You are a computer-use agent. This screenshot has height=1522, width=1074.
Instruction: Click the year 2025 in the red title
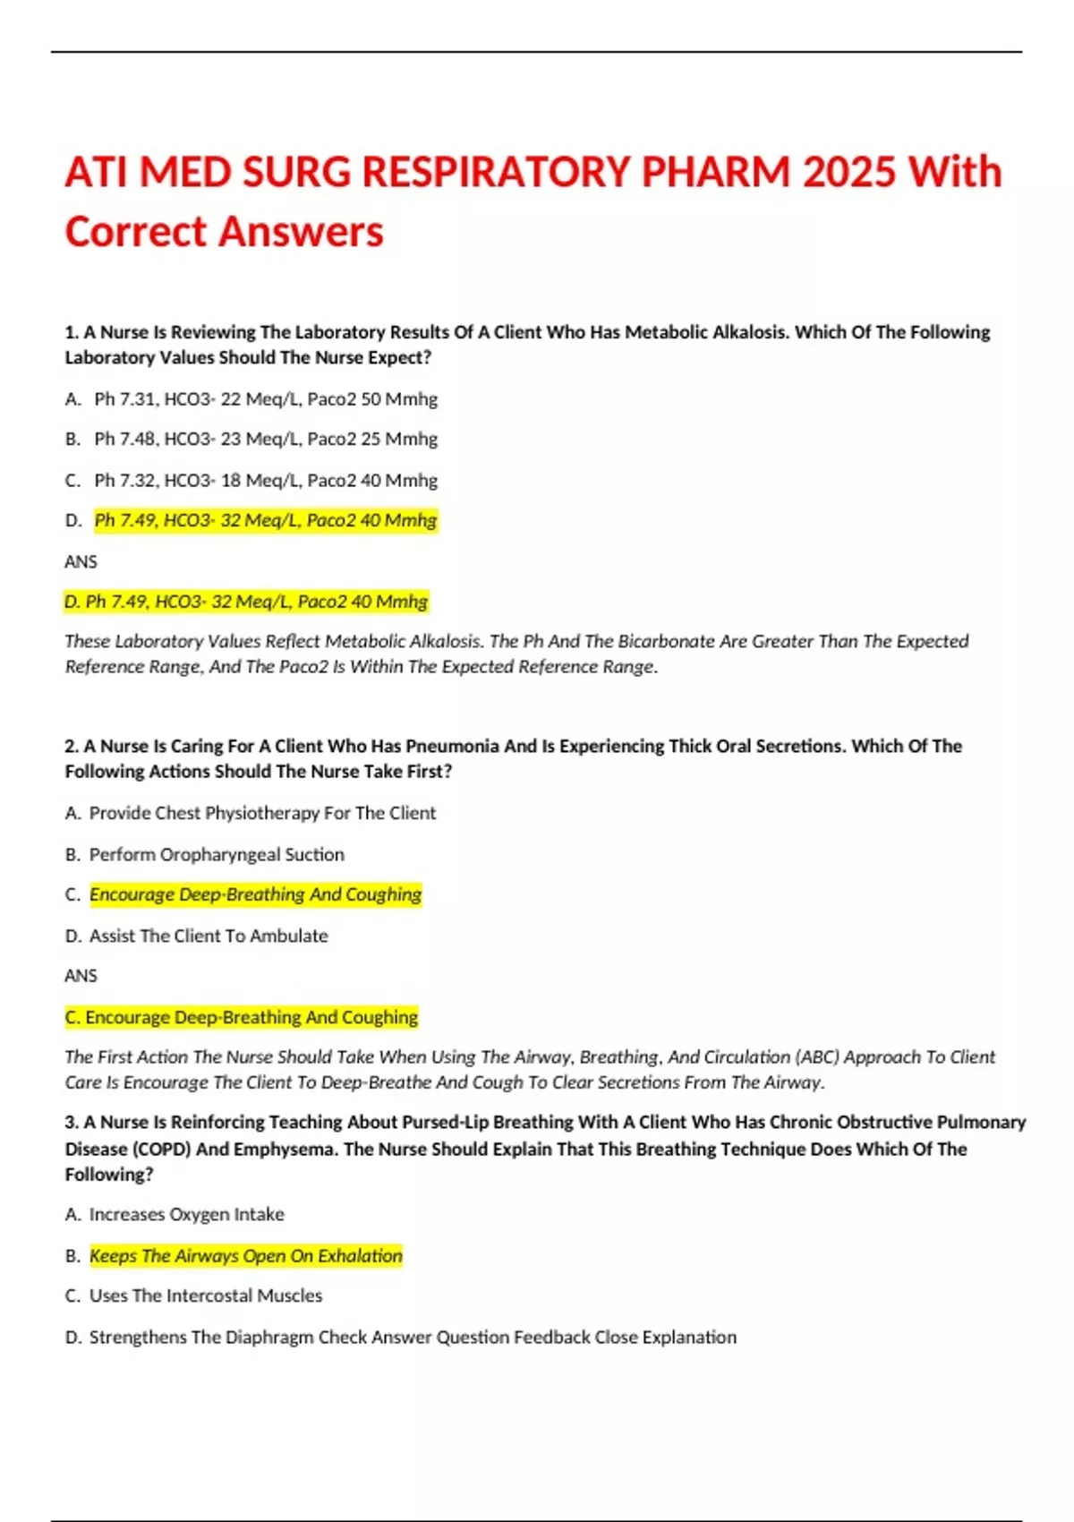848,172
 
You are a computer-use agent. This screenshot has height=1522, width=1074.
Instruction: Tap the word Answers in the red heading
301,232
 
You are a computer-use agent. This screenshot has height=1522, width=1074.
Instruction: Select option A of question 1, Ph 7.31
265,399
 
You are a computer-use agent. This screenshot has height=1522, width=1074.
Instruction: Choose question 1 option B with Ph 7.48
265,440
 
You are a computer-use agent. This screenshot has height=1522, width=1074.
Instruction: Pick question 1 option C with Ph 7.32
265,481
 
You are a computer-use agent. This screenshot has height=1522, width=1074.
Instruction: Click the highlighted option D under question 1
265,521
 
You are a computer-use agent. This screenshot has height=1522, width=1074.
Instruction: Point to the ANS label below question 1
81,562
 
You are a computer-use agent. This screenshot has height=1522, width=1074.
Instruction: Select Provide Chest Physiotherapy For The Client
261,813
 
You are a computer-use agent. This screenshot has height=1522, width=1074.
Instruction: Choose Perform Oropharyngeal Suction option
216,854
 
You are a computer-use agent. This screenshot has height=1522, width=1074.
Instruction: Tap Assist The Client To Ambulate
208,936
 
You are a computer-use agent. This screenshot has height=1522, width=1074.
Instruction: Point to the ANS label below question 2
81,976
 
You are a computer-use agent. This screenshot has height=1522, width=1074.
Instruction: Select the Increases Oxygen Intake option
186,1215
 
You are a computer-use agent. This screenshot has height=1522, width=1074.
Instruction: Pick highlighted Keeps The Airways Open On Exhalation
245,1256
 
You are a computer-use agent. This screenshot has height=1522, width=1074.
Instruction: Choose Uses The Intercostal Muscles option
205,1295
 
